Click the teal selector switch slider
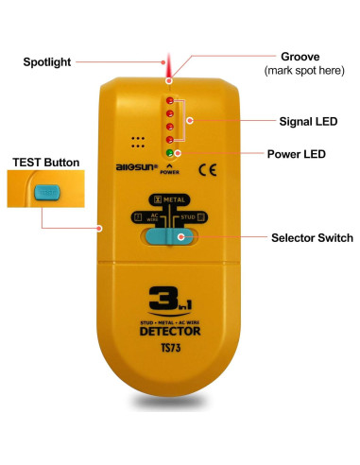[x=171, y=237]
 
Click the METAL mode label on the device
[x=171, y=199]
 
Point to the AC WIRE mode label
[x=145, y=217]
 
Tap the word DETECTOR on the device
[x=171, y=332]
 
